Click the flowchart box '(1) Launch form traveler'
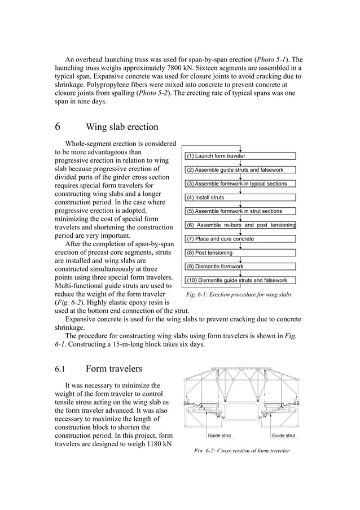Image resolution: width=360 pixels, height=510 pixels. [240, 156]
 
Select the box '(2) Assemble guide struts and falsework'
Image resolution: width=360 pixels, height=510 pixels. [240, 170]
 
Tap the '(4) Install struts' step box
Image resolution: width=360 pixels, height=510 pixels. [240, 198]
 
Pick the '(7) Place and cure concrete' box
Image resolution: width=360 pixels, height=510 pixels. [240, 239]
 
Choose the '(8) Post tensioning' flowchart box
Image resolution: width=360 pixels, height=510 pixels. [240, 253]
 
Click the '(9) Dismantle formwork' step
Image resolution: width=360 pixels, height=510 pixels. [240, 266]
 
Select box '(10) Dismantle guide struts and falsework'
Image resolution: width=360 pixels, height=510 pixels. [240, 280]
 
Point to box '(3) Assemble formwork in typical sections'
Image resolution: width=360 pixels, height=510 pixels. [240, 184]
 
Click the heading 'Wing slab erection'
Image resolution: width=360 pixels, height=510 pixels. [122, 127]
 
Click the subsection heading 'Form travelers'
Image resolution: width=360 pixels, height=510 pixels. [114, 369]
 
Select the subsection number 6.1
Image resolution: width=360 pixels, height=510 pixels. [60, 369]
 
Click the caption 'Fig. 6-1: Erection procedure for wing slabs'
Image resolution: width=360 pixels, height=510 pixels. [239, 295]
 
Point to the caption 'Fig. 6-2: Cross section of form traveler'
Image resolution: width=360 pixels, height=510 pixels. [242, 451]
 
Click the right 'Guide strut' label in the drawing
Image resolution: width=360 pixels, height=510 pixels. [283, 436]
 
